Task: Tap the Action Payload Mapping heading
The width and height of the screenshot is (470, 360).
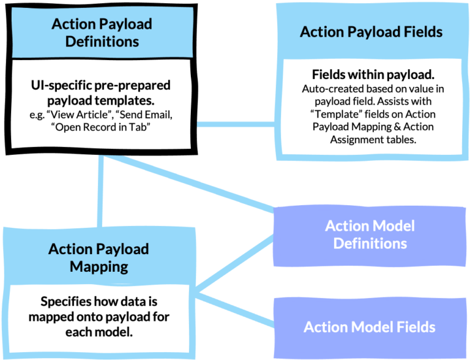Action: pos(98,258)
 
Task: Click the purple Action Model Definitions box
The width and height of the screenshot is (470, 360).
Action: pos(370,234)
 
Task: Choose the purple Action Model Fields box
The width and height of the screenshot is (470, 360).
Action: pos(370,326)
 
